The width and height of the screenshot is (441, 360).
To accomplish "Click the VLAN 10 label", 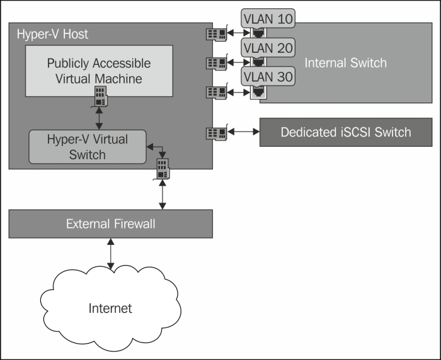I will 268,20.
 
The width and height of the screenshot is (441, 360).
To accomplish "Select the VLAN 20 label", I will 268,48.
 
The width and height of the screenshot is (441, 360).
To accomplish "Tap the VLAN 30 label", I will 268,76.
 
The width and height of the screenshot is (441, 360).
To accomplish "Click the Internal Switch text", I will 345,62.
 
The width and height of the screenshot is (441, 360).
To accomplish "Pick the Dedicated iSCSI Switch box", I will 346,132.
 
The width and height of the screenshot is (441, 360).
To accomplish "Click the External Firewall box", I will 110,224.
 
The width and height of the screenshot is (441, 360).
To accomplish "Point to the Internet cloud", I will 110,308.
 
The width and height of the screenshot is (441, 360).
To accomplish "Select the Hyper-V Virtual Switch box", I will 88,146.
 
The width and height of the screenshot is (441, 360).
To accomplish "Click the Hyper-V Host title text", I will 52,34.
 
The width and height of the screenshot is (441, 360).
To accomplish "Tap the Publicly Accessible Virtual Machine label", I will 99,71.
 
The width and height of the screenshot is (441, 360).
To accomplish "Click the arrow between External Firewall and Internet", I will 111,254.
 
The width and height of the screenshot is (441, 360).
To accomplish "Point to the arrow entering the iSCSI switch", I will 243,132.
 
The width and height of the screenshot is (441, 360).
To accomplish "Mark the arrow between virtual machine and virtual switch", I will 100,118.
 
